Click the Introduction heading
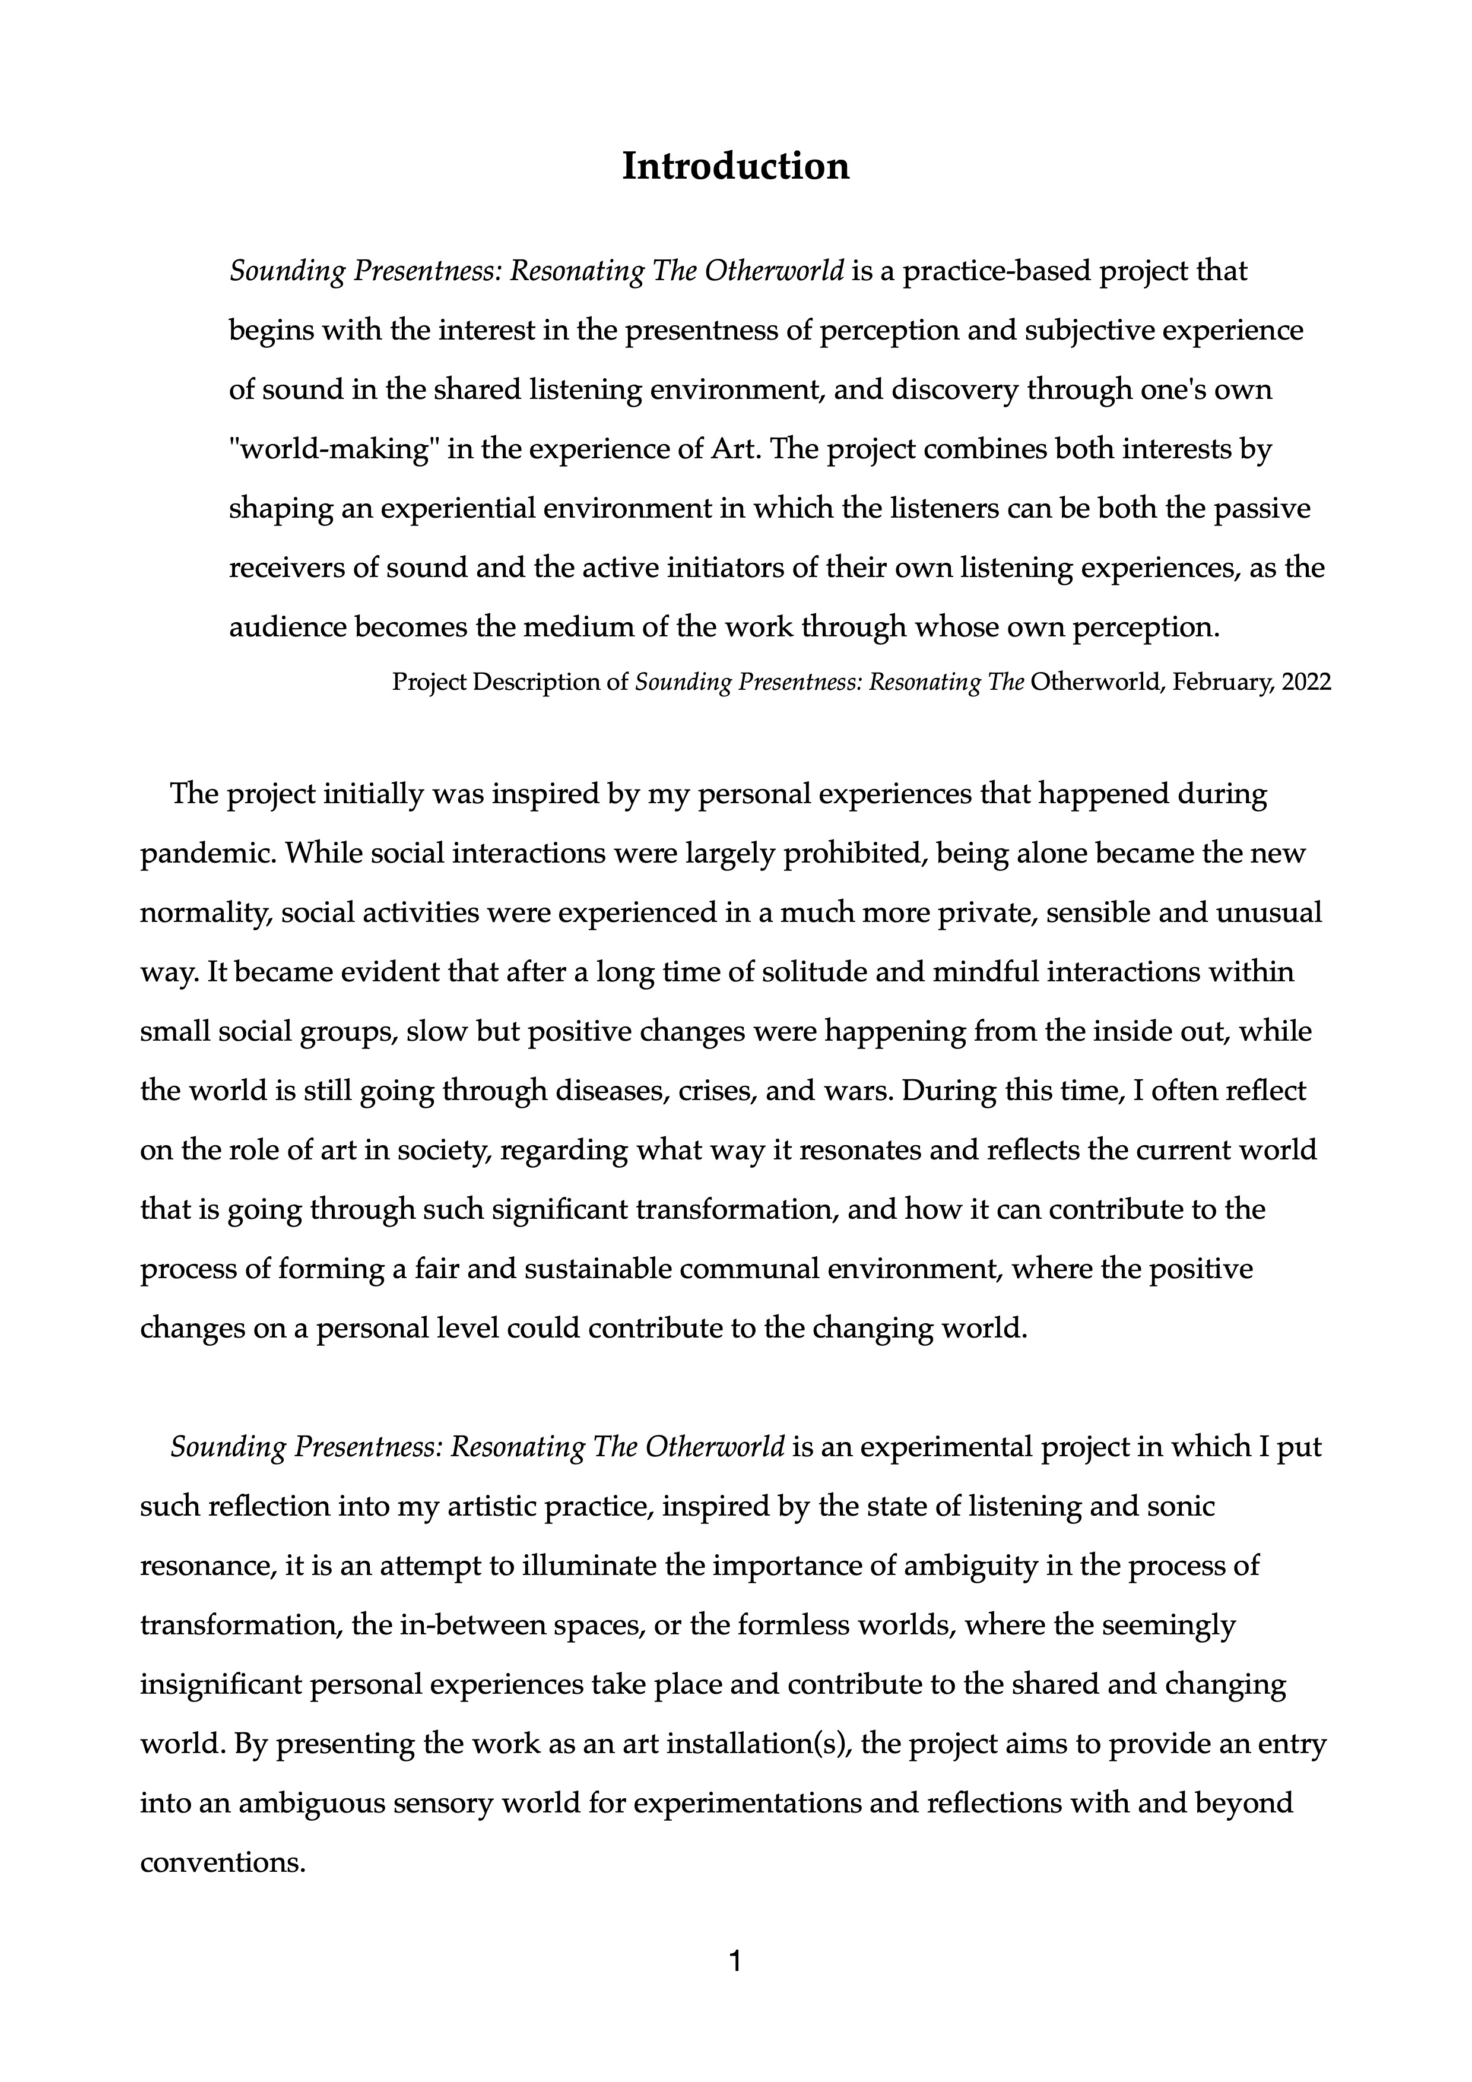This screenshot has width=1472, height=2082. point(735,167)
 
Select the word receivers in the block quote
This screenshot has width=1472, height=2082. point(285,569)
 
